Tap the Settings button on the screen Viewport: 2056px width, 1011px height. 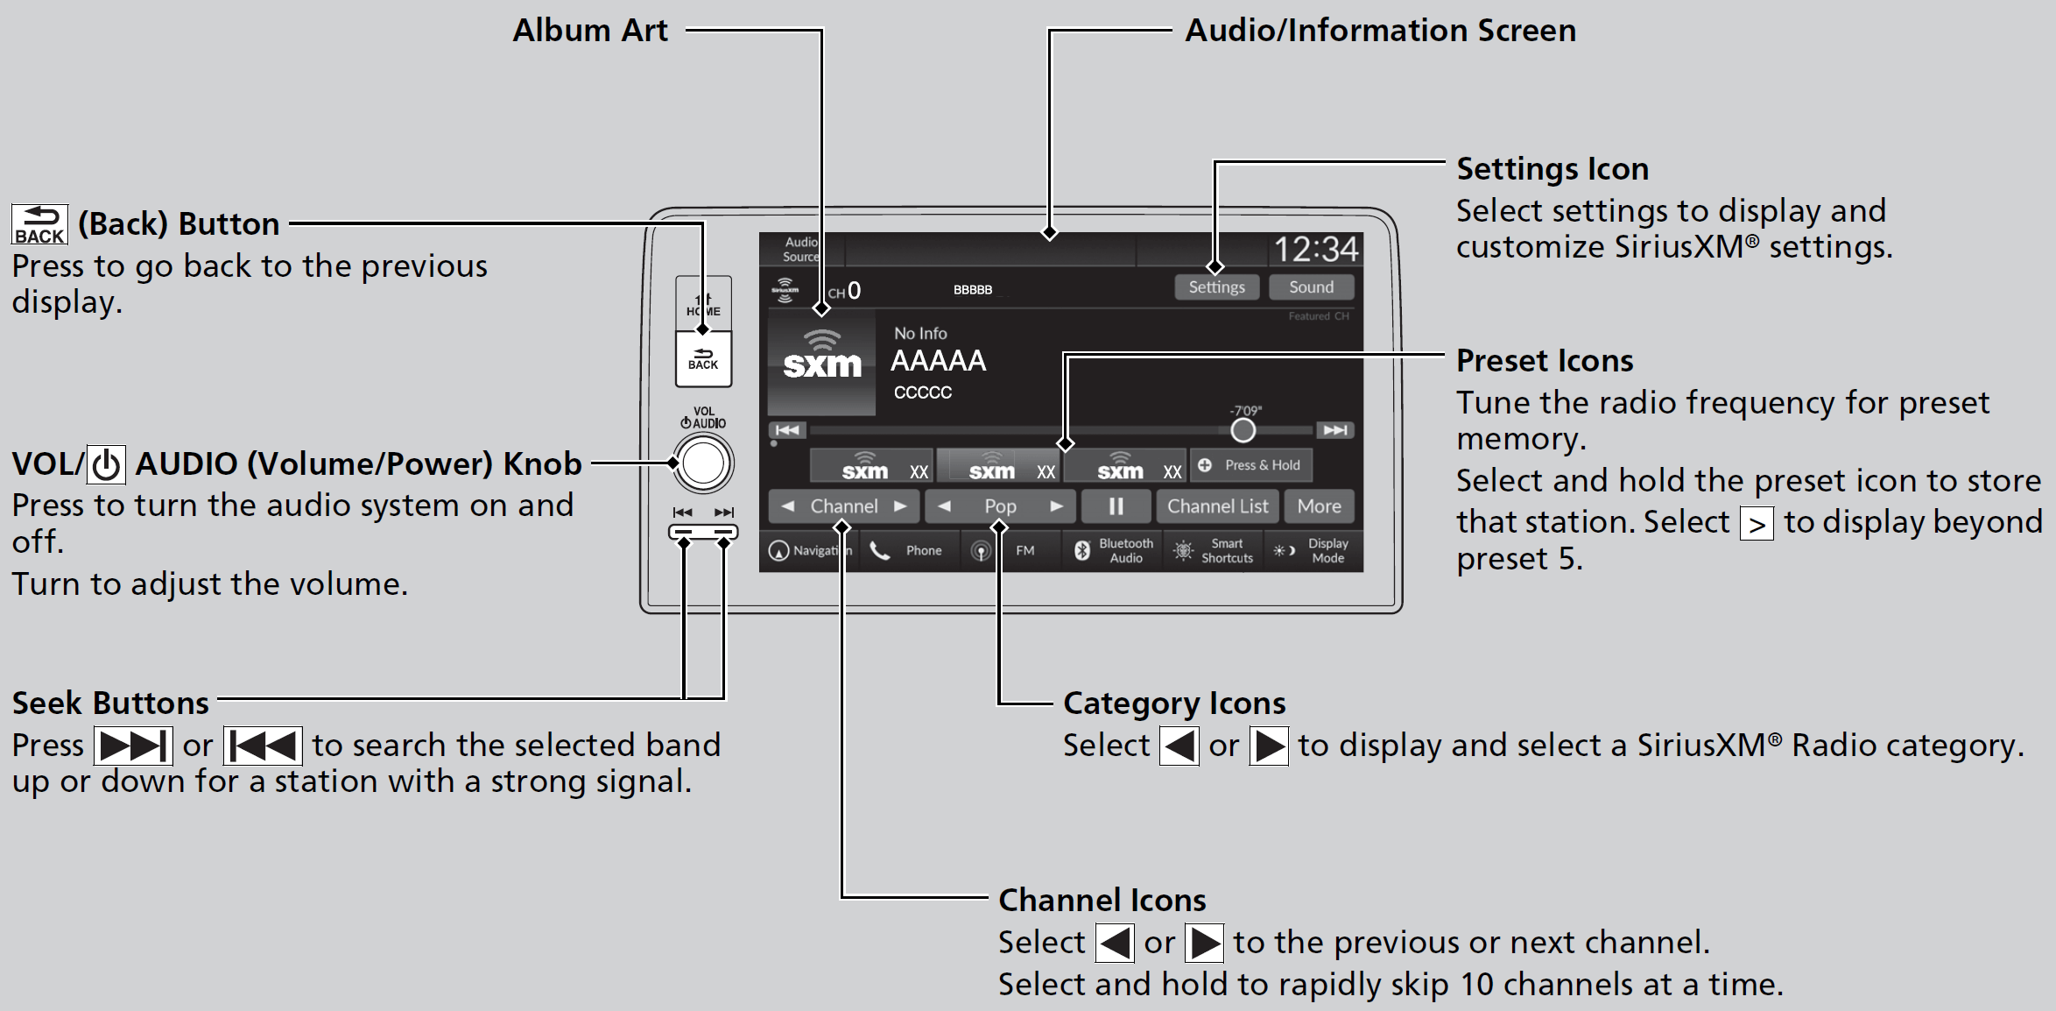(x=1216, y=287)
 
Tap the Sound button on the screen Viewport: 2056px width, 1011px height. (x=1311, y=287)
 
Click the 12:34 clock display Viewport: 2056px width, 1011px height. (x=1315, y=250)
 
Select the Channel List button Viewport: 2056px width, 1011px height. (x=1217, y=506)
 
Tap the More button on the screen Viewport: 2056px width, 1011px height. (x=1319, y=506)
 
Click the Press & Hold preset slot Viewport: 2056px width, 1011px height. (x=1251, y=465)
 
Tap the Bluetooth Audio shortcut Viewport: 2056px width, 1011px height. (x=1114, y=550)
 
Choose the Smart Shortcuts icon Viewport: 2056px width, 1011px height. (x=1214, y=550)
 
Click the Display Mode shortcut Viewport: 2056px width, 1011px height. (x=1313, y=550)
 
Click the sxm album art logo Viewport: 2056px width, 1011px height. (x=821, y=362)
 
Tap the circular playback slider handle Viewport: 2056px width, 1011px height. (x=1243, y=430)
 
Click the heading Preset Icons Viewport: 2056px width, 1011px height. (x=1544, y=361)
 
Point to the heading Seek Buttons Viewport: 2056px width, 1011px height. (x=110, y=703)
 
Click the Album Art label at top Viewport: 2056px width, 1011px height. (x=589, y=31)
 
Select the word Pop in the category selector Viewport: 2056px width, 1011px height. (x=1000, y=506)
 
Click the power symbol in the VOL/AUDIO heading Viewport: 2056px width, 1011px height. (x=107, y=465)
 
